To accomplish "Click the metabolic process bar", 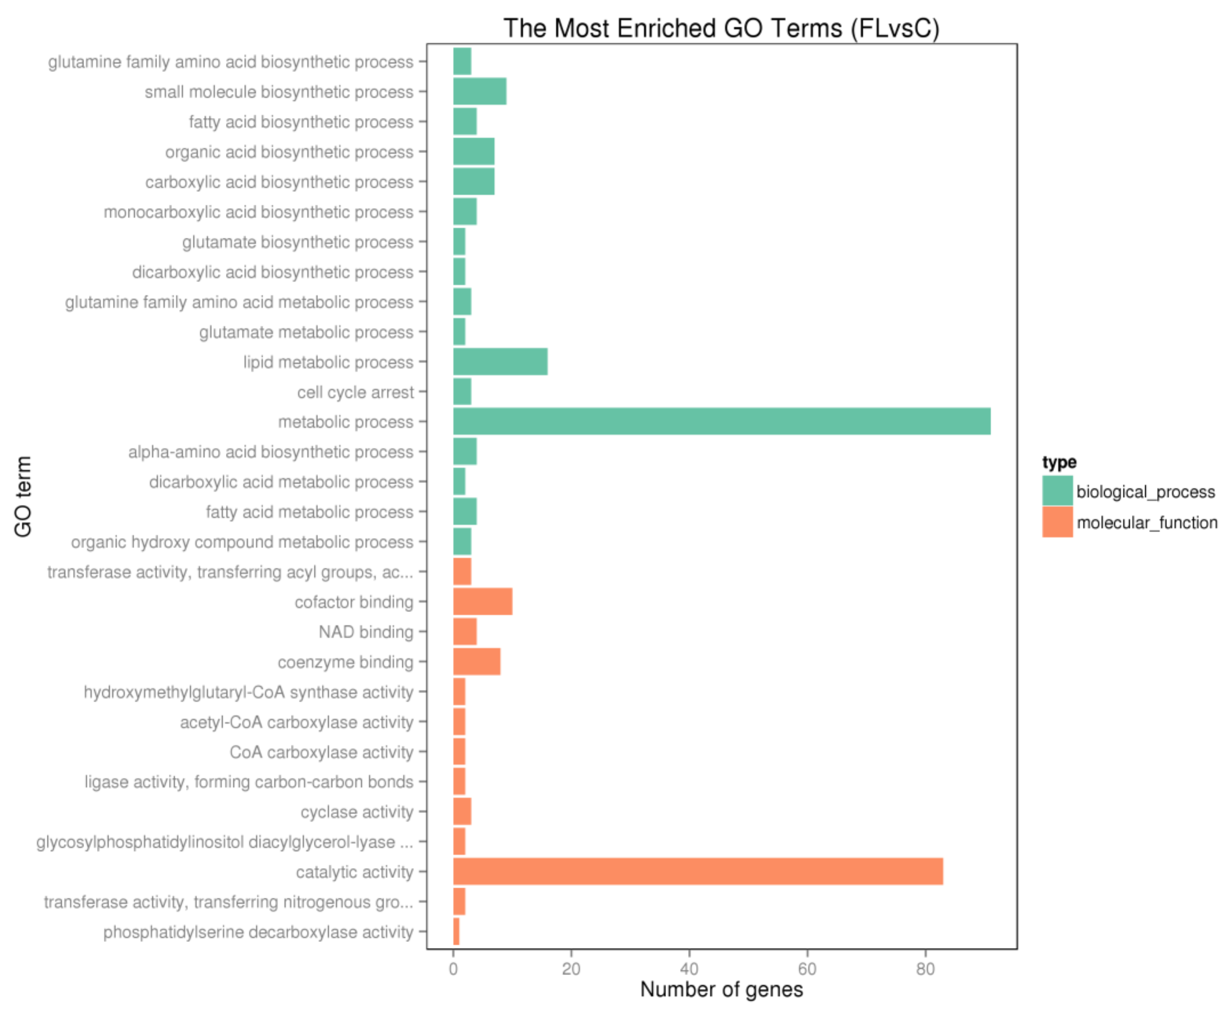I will tap(721, 422).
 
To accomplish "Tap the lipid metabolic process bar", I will tap(500, 362).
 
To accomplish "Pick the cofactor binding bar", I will tap(483, 601).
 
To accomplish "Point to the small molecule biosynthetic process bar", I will tap(480, 92).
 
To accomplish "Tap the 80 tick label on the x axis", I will tap(925, 969).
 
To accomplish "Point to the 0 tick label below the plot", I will tap(453, 969).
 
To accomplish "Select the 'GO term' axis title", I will tap(23, 496).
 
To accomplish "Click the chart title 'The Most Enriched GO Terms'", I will tap(721, 28).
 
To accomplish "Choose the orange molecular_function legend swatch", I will tap(1057, 522).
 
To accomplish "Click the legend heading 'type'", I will tap(1059, 462).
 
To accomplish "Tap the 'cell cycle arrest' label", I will tap(355, 392).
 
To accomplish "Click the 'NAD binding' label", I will tap(365, 632).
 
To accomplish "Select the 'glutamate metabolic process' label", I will tap(306, 332).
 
